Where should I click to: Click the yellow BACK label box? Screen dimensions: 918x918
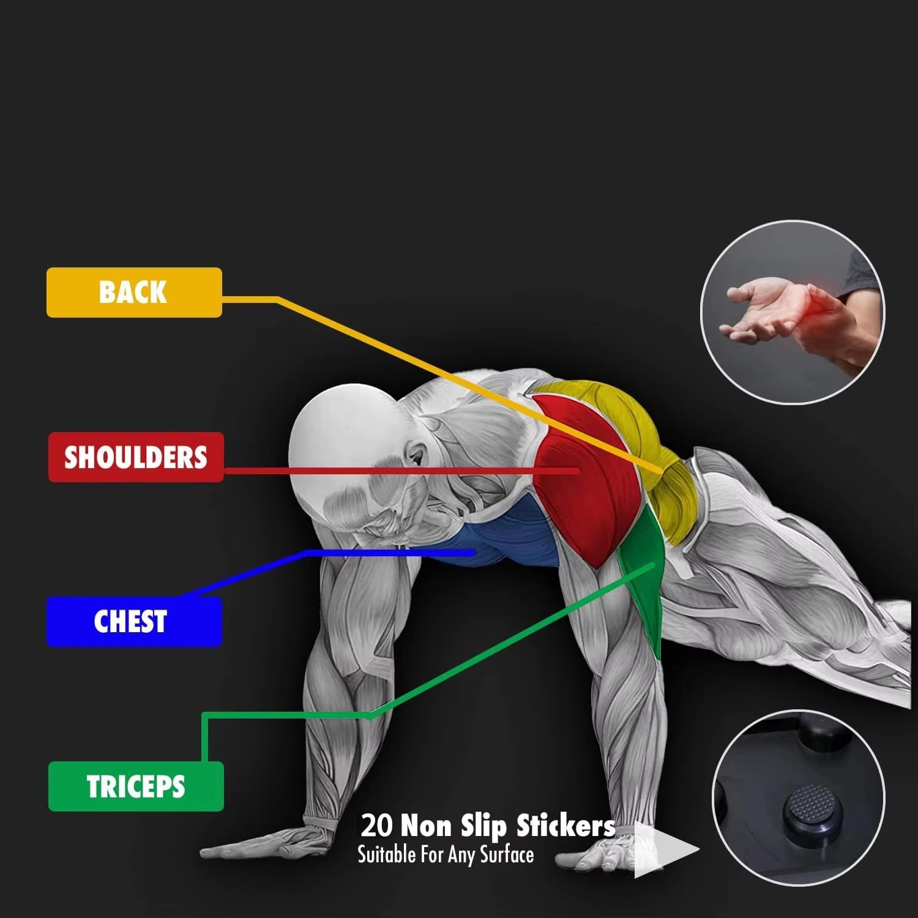point(134,292)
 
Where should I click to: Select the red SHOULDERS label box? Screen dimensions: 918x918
point(136,457)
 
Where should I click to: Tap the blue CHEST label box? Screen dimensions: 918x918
point(134,621)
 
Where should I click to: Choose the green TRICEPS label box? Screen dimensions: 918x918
point(136,786)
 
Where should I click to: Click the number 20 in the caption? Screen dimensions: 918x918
point(376,826)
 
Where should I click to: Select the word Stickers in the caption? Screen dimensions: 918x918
point(565,826)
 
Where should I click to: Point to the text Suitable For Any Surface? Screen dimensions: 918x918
point(446,855)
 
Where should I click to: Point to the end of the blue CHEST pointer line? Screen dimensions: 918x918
point(474,553)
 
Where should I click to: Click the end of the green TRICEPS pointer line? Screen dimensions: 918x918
point(654,565)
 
